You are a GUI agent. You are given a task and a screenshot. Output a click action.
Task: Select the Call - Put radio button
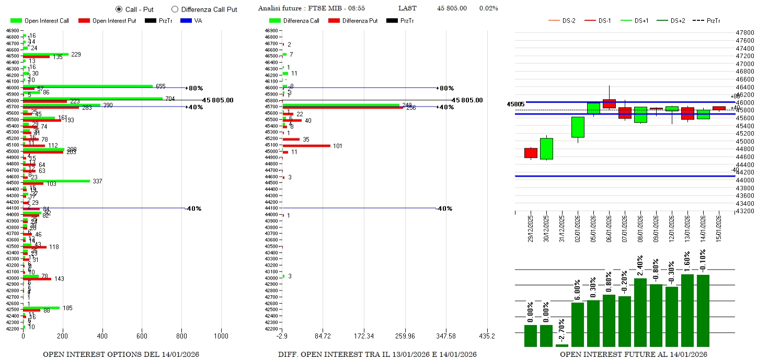[x=119, y=9]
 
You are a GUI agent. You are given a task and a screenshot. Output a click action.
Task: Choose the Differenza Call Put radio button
[x=175, y=9]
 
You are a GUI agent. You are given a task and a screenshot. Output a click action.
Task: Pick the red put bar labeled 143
[x=37, y=279]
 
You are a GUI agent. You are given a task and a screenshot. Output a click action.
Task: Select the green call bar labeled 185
[x=41, y=308]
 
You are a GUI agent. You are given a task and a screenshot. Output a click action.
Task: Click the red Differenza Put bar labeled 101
[x=306, y=146]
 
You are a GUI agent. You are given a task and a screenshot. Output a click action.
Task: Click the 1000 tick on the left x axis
[x=221, y=335]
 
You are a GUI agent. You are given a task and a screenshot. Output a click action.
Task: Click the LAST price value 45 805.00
[x=452, y=8]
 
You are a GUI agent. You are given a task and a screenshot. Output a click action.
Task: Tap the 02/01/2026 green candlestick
[x=578, y=127]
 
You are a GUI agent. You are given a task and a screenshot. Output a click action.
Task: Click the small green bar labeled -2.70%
[x=562, y=345]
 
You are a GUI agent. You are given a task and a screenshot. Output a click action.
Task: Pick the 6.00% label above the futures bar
[x=578, y=290]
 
